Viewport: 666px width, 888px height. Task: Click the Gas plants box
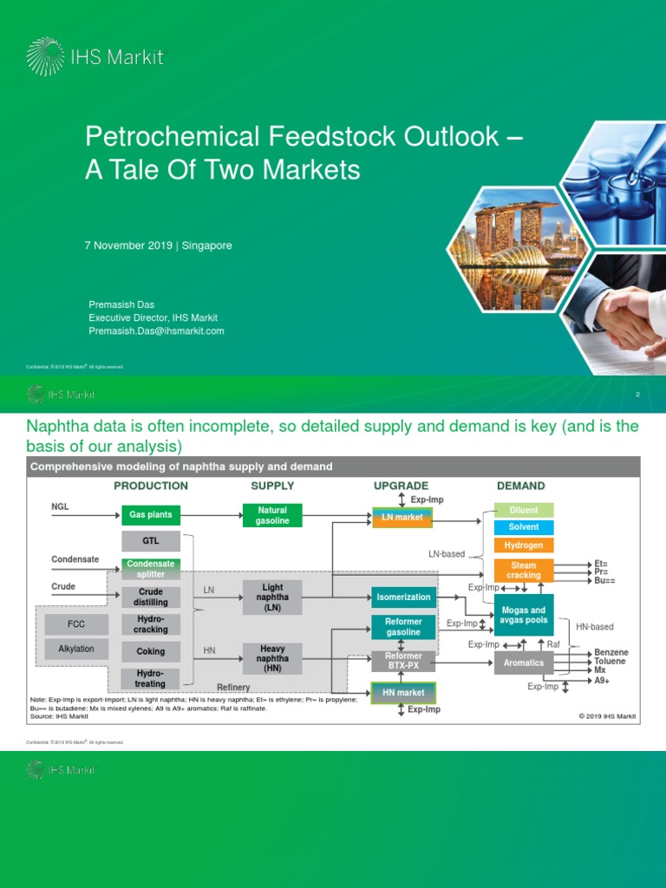coord(151,515)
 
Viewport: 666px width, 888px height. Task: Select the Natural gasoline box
coord(272,515)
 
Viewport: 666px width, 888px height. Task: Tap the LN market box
coord(402,518)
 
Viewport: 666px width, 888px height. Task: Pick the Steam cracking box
coord(524,570)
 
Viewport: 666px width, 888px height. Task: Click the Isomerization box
coord(402,597)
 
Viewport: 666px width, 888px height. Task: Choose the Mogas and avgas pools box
coord(524,615)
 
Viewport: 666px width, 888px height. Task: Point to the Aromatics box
coord(524,663)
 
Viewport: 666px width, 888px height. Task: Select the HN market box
coord(402,692)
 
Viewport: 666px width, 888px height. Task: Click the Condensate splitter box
coord(151,569)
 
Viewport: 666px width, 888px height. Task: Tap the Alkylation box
coord(76,649)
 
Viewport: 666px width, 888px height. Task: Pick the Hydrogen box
coord(524,545)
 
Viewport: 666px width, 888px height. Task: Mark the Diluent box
coord(524,510)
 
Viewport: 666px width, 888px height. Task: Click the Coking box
coord(151,651)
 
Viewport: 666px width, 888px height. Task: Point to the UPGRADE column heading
coord(401,486)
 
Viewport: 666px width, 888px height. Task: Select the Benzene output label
coord(611,652)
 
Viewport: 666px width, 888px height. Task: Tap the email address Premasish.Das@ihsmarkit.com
coord(156,330)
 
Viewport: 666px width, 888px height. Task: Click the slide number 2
coord(637,395)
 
